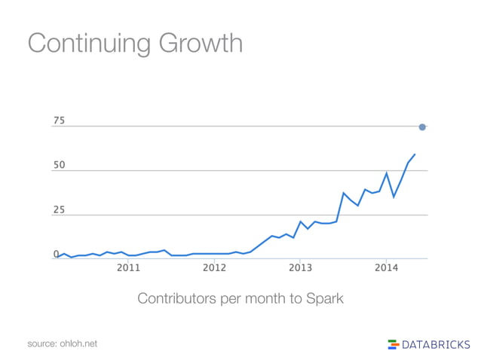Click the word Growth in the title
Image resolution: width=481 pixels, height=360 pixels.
pos(201,43)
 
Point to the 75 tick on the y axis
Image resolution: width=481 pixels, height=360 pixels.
pos(59,121)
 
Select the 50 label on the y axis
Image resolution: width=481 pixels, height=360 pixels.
pos(59,165)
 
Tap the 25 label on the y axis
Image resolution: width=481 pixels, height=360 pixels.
pos(59,210)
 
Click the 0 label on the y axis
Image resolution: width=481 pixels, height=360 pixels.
pos(56,255)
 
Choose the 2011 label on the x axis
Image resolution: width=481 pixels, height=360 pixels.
pos(128,267)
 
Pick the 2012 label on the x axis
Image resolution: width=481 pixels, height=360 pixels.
pos(214,267)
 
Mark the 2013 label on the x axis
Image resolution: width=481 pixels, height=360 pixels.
pos(300,267)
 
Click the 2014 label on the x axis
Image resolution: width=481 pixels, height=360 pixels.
pos(386,267)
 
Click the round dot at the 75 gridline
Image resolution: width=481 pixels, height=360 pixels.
pos(422,127)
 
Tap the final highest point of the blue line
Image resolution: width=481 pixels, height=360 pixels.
pos(415,154)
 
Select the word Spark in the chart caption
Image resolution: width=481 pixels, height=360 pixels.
pos(324,299)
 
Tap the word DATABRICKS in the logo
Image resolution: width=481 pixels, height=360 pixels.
pos(435,344)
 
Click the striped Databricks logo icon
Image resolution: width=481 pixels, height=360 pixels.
pos(393,344)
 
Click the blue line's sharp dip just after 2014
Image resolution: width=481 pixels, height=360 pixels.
pos(394,197)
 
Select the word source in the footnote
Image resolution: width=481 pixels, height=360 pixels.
pos(42,343)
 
